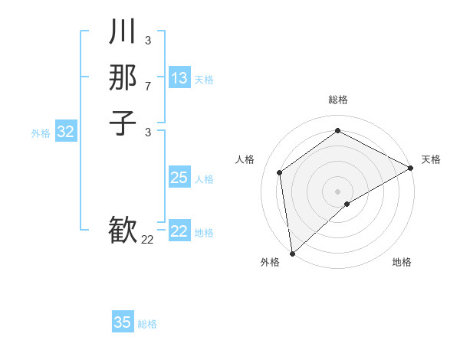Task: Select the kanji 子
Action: (123, 123)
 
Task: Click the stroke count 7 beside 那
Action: (148, 87)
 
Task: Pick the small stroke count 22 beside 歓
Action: (148, 240)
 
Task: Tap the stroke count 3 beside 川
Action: (148, 39)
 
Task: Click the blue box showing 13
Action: (179, 78)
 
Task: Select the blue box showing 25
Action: (179, 178)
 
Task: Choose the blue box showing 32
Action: (66, 132)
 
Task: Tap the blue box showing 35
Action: (123, 322)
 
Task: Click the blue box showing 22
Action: (179, 231)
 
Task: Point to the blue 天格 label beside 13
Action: (204, 80)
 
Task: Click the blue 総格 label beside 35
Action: (147, 324)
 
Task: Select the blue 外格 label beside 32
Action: (41, 133)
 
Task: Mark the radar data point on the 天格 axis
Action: (411, 169)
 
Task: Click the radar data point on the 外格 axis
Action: (292, 254)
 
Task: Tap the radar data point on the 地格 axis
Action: (347, 204)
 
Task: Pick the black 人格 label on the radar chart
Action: (245, 159)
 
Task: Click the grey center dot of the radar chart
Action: (337, 191)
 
